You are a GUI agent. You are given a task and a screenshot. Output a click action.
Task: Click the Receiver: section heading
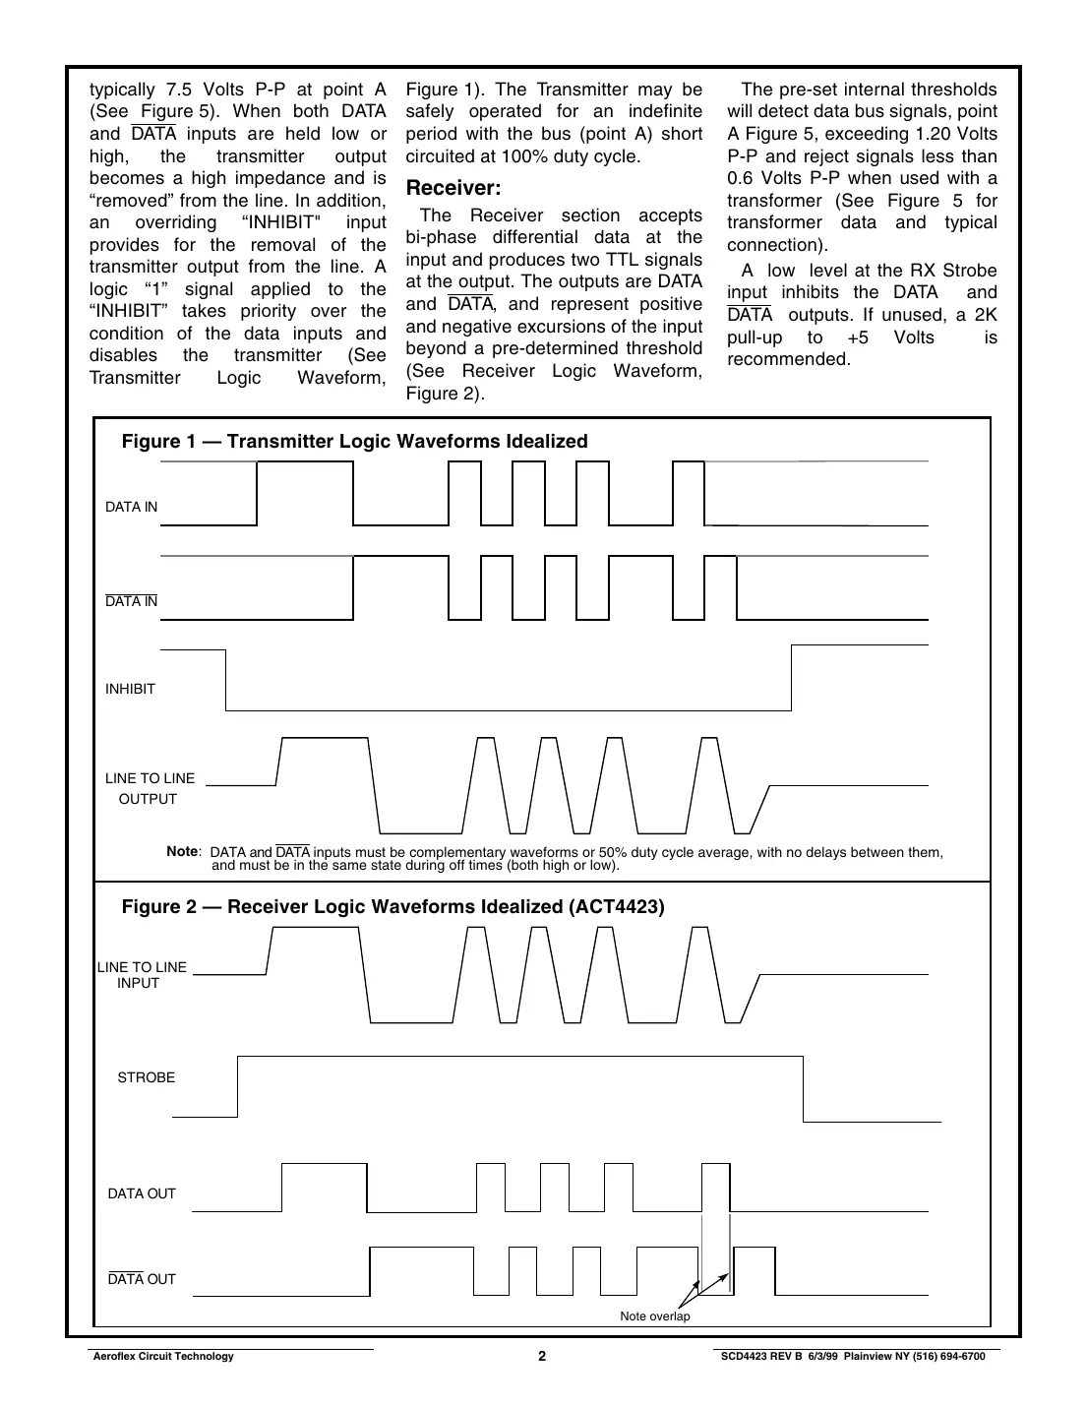pos(453,188)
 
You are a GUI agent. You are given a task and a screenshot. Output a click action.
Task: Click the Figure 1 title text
pos(354,441)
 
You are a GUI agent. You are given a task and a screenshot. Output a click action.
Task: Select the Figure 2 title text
pos(393,906)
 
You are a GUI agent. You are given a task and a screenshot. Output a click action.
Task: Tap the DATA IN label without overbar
pos(131,507)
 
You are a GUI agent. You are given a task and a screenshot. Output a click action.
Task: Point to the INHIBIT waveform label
pos(130,689)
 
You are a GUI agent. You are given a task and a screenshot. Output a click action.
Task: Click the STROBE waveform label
pos(146,1077)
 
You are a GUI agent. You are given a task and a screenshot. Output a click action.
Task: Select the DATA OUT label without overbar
pos(142,1193)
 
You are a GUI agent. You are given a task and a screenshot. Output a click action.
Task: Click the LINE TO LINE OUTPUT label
pos(150,788)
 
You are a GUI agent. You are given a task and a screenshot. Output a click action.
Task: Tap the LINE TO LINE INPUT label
pos(142,975)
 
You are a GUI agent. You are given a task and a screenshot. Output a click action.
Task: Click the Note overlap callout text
pos(654,1316)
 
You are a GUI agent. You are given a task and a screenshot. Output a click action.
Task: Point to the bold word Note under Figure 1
pos(182,851)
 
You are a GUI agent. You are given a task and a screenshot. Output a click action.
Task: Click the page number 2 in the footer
pos(542,1356)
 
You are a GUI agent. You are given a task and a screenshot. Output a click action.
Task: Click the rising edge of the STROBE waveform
pos(237,1086)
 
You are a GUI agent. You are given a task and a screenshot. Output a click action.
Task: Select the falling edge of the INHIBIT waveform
pos(226,680)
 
